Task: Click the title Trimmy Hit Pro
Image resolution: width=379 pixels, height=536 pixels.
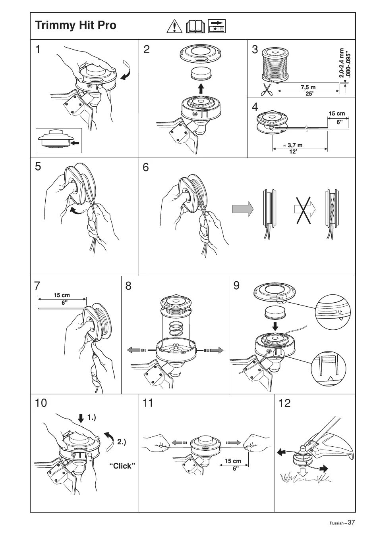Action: (x=75, y=25)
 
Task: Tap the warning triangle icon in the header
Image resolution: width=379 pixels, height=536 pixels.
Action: (x=174, y=26)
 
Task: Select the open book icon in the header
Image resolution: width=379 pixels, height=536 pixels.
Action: (x=195, y=26)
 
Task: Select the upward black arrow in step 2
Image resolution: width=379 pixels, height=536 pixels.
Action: (x=201, y=88)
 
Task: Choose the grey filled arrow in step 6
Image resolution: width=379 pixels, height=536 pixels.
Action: (x=242, y=208)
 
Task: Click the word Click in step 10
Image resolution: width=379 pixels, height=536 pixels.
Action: (x=122, y=466)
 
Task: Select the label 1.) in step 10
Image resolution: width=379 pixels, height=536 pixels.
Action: (x=92, y=417)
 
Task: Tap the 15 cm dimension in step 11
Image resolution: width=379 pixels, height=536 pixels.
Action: (x=233, y=461)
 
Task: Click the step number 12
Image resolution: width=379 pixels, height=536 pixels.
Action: (x=284, y=403)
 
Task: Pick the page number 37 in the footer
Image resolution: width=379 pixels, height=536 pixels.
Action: (x=351, y=522)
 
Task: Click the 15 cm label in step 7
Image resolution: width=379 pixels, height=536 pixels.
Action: (x=62, y=295)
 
